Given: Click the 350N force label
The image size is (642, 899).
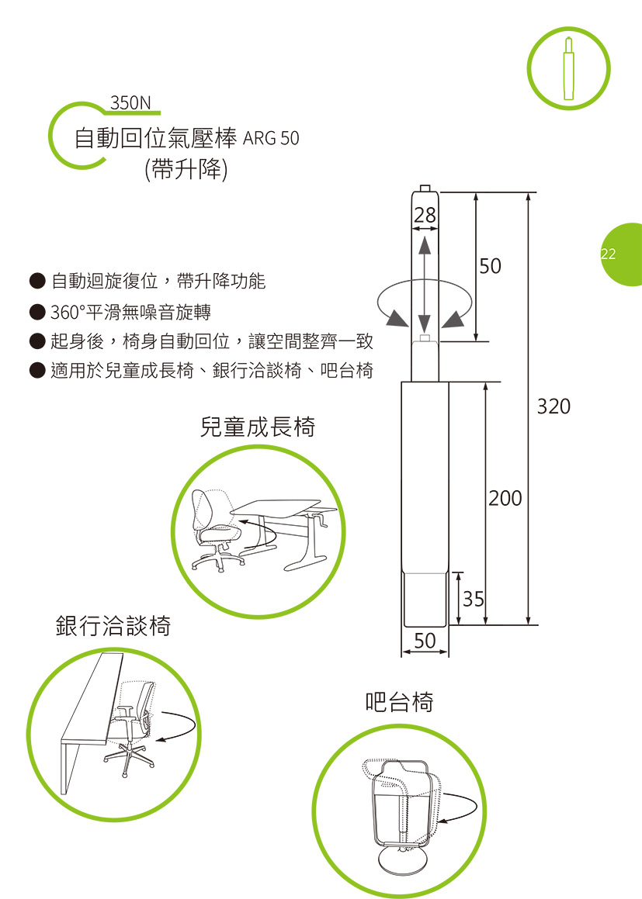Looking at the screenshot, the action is coord(130,102).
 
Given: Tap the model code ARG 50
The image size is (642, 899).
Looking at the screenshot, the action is coord(271,138).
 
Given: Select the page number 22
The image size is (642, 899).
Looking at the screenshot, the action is coord(608,254).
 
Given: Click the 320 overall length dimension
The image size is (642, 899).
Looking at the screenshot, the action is coord(554,406).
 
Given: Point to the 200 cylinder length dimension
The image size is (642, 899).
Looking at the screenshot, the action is coord(505,498).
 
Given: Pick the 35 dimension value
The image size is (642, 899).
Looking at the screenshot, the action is coord(474,599).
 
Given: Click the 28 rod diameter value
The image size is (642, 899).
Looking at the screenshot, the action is coord(425,215).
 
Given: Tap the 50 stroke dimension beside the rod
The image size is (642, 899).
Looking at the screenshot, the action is coord(491,266).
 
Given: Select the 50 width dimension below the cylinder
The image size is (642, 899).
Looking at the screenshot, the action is coord(425,641).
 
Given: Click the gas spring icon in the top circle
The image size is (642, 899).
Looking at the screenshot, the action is coord(568,69).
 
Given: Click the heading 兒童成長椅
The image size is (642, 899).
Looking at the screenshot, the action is coord(258,427).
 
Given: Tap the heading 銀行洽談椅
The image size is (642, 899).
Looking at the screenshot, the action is coord(113,625).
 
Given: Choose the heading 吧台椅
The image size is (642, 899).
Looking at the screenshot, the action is coord(399,702).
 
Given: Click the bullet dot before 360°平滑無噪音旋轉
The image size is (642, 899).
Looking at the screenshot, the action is coord(37,311).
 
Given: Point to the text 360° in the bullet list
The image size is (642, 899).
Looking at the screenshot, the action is coord(68,313).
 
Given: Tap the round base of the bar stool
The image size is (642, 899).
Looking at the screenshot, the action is coord(401,862).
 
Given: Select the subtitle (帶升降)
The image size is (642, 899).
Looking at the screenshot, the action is coord(186,169).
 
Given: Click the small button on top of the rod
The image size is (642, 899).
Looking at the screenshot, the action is coord(425,188).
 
